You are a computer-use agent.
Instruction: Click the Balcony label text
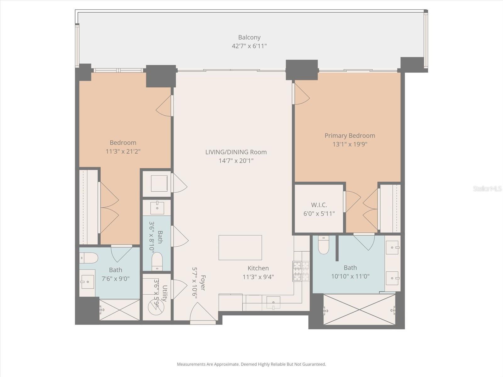click(249, 37)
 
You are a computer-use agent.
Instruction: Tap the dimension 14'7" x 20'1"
click(236, 161)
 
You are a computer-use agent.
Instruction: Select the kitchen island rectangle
click(240, 248)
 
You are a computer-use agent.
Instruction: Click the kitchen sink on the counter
click(273, 303)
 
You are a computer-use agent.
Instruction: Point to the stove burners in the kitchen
click(301, 271)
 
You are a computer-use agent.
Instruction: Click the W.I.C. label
click(319, 205)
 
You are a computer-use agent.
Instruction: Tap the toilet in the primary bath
click(323, 245)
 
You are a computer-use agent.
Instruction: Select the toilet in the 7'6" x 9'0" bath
click(89, 258)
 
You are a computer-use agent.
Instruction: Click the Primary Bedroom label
click(350, 136)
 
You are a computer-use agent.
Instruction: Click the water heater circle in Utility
click(156, 307)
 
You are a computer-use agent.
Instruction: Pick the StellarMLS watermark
click(487, 188)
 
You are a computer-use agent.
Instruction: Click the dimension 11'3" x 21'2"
click(123, 151)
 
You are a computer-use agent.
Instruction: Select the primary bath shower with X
click(359, 309)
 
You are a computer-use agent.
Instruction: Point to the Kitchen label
click(258, 268)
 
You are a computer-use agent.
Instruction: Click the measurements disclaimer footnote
click(251, 364)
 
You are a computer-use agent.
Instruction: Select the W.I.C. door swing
click(352, 201)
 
